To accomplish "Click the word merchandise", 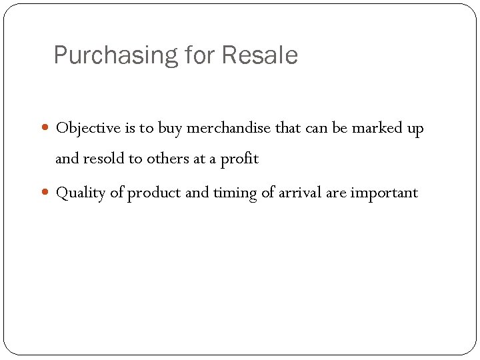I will (229, 128).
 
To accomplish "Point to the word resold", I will (104, 159).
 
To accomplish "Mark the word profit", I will (239, 159).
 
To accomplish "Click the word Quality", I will (81, 193).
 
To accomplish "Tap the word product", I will (155, 193).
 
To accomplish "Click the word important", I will (385, 193).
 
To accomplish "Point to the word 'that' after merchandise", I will (287, 128).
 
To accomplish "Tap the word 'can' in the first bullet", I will (316, 128).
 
